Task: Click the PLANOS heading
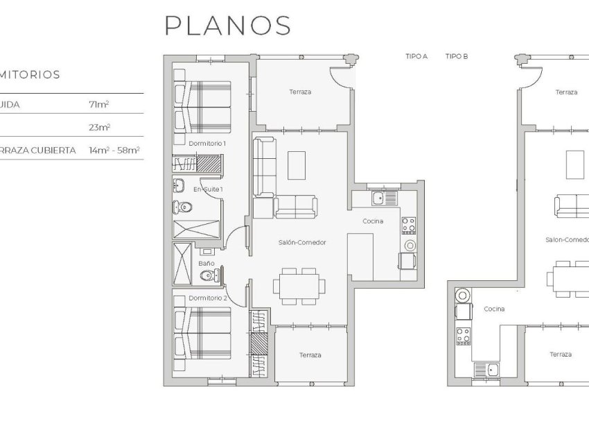click(x=227, y=25)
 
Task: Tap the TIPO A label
click(x=416, y=56)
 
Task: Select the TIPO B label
click(x=457, y=56)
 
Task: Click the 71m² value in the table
click(x=99, y=104)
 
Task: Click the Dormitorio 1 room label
click(x=207, y=143)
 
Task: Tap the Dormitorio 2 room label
click(x=207, y=298)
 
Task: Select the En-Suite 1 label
click(x=208, y=189)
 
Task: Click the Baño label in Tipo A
click(x=206, y=264)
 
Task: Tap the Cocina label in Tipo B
click(x=494, y=309)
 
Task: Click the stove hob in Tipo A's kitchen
click(x=409, y=225)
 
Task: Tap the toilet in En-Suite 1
click(x=182, y=207)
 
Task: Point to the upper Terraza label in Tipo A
click(x=300, y=92)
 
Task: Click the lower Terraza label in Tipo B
click(x=561, y=354)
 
